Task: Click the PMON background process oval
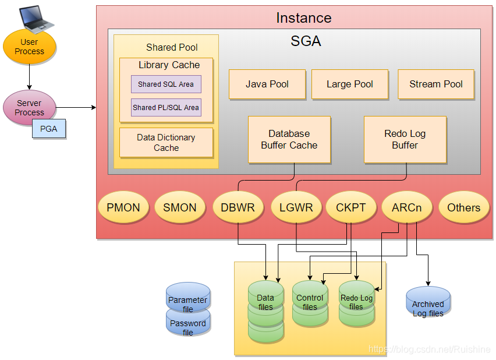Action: tap(123, 207)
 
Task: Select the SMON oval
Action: tap(179, 207)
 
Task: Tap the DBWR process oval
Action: tap(238, 207)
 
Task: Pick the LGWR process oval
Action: tap(296, 207)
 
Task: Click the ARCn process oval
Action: tap(406, 207)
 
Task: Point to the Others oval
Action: tap(463, 207)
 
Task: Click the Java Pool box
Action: tap(267, 84)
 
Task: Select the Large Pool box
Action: tap(350, 84)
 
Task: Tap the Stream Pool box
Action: tap(436, 84)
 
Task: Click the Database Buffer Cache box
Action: tap(289, 139)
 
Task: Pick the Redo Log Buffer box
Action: tap(405, 139)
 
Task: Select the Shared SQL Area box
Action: tap(166, 84)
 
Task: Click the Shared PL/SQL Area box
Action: tap(166, 107)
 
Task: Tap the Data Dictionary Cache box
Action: tap(166, 143)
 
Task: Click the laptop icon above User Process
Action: tap(35, 19)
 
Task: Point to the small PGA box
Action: tap(49, 129)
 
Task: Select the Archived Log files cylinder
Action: tap(428, 303)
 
